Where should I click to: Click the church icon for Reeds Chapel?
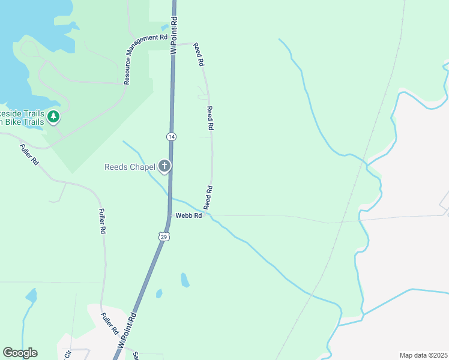coord(164,167)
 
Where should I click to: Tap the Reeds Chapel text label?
coord(130,167)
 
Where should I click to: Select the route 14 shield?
coord(172,137)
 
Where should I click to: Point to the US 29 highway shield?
coord(164,236)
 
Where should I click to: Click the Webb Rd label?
coord(188,215)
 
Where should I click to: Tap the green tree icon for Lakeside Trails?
coord(54,116)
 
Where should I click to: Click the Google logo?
coord(20,353)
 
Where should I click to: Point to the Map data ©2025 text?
coord(423,355)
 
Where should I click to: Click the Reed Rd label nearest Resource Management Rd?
coord(199,55)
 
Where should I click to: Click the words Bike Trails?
coord(22,122)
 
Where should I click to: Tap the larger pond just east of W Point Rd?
coord(185,280)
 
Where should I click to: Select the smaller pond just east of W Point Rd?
coord(159,293)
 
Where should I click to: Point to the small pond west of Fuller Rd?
coord(31,295)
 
